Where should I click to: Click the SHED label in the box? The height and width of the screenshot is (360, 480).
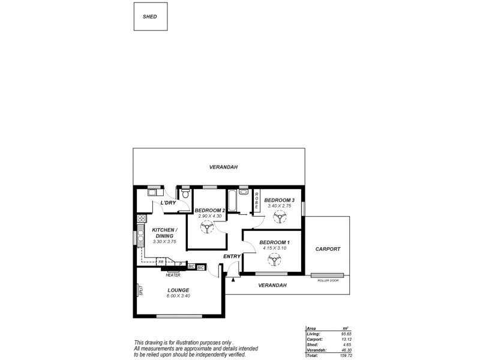tap(149, 17)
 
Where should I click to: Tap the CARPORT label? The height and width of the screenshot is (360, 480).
tap(328, 248)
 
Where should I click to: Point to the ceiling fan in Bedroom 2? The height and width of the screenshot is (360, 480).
tap(206, 227)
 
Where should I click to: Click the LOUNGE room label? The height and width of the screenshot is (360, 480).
tap(179, 290)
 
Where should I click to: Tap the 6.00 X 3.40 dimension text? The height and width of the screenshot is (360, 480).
tap(179, 296)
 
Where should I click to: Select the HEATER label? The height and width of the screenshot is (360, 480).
tap(173, 275)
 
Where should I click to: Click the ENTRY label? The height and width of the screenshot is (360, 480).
tap(232, 257)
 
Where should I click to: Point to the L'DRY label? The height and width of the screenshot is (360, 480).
tap(167, 203)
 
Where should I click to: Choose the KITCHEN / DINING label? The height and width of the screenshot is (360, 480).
tap(164, 233)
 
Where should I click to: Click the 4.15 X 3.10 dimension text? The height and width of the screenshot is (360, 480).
tap(274, 248)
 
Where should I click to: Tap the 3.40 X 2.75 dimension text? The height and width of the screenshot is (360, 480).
tap(279, 206)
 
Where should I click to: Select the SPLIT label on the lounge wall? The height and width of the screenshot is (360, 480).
tap(140, 290)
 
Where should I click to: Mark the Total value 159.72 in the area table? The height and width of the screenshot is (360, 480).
tap(344, 356)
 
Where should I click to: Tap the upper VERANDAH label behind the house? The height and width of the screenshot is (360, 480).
tap(220, 167)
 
